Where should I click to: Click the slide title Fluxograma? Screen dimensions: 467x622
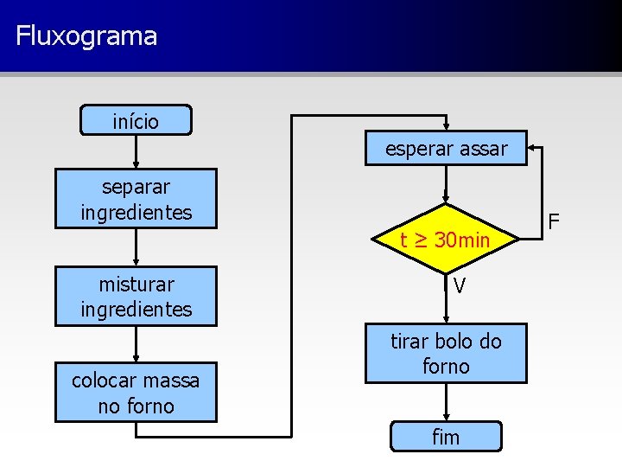[x=86, y=36]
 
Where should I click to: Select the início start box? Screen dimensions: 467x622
[x=136, y=121]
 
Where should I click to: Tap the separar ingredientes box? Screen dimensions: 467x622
[x=136, y=199]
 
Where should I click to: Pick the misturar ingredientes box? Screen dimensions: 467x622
[x=136, y=297]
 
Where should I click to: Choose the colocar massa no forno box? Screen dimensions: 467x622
[x=136, y=393]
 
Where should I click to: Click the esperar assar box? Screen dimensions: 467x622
[x=446, y=149]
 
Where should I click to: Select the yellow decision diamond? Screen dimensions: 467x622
[x=446, y=239]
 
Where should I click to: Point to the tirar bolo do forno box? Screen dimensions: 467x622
[x=446, y=353]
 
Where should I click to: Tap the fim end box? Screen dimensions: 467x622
[x=446, y=437]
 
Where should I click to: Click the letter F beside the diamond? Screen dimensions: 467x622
[x=555, y=221]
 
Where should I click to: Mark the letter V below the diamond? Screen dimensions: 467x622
[x=460, y=285]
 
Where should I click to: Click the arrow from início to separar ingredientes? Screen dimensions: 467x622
[x=136, y=152]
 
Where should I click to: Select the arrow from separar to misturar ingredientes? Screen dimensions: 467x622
[x=136, y=247]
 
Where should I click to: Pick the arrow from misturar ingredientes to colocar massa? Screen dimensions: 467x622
[x=136, y=344]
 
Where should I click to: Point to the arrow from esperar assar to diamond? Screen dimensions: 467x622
[x=446, y=183]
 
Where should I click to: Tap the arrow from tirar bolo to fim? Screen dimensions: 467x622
[x=446, y=402]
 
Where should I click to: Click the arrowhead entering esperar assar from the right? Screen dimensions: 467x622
[x=534, y=149]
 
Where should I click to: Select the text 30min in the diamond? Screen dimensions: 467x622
[x=461, y=240]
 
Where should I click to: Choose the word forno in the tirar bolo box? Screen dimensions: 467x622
[x=446, y=367]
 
